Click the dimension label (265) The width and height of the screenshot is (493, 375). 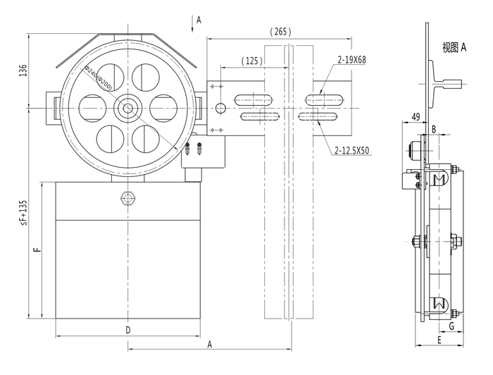tap(280, 32)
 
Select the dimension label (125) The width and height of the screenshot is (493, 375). tap(251, 61)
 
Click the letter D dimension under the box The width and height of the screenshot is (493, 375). tap(127, 330)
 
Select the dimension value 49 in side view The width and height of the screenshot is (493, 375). tap(416, 116)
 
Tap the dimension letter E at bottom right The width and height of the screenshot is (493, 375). tap(439, 340)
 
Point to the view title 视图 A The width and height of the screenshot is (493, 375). tap(454, 48)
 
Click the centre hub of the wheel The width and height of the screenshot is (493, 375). tap(128, 108)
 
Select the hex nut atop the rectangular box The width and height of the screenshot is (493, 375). tap(127, 197)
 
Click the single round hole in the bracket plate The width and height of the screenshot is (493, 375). tap(220, 108)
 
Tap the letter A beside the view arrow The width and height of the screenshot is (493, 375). tap(199, 20)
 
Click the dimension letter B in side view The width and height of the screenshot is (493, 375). tap(434, 129)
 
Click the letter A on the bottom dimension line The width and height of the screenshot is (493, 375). tap(209, 344)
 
